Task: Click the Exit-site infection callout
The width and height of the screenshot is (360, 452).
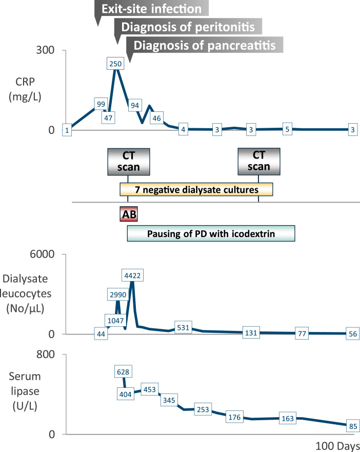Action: tap(152, 9)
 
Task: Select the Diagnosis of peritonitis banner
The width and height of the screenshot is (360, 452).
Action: tap(188, 26)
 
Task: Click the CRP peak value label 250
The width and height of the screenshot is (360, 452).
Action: tap(116, 63)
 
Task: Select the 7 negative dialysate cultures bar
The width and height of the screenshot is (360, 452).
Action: tap(196, 190)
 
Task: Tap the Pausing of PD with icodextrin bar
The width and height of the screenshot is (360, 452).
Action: tap(211, 234)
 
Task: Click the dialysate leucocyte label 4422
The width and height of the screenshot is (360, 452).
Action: tap(132, 276)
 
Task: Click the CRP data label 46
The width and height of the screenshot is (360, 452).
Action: tap(157, 117)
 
